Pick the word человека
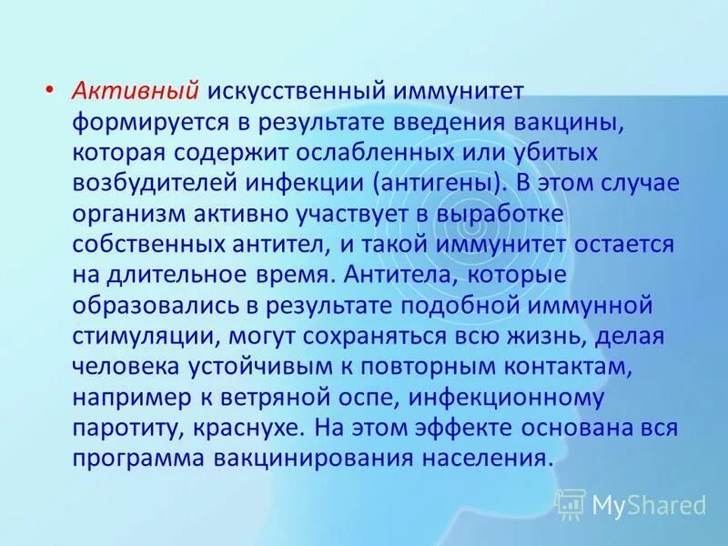coord(129,367)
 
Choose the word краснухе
coord(264,428)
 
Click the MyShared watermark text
coord(648,503)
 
